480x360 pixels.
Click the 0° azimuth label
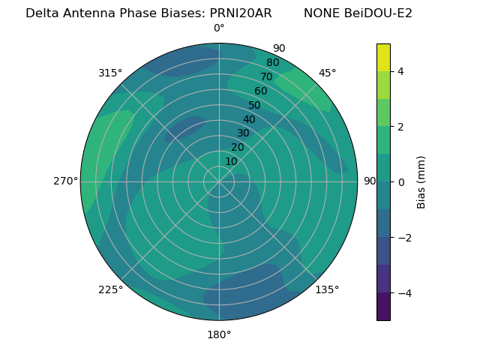pos(219,28)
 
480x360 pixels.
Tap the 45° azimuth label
pos(327,73)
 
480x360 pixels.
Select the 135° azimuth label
pos(327,289)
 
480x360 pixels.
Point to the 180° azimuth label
pos(219,334)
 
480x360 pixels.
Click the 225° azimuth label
pos(110,289)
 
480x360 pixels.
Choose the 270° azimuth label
pos(66,181)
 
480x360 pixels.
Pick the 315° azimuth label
pos(110,73)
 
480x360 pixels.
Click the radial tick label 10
pos(231,161)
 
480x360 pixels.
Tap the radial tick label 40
pos(249,119)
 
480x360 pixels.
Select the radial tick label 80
pos(272,63)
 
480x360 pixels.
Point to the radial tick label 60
pos(260,91)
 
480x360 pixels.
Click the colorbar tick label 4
pos(400,71)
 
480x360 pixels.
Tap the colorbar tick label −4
pos(403,292)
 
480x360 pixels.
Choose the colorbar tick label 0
pos(400,181)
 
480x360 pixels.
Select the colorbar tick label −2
pos(403,238)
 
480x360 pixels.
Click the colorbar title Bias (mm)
pos(421,181)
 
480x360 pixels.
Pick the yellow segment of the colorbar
pos(383,57)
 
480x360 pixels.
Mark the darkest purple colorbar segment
pos(383,306)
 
